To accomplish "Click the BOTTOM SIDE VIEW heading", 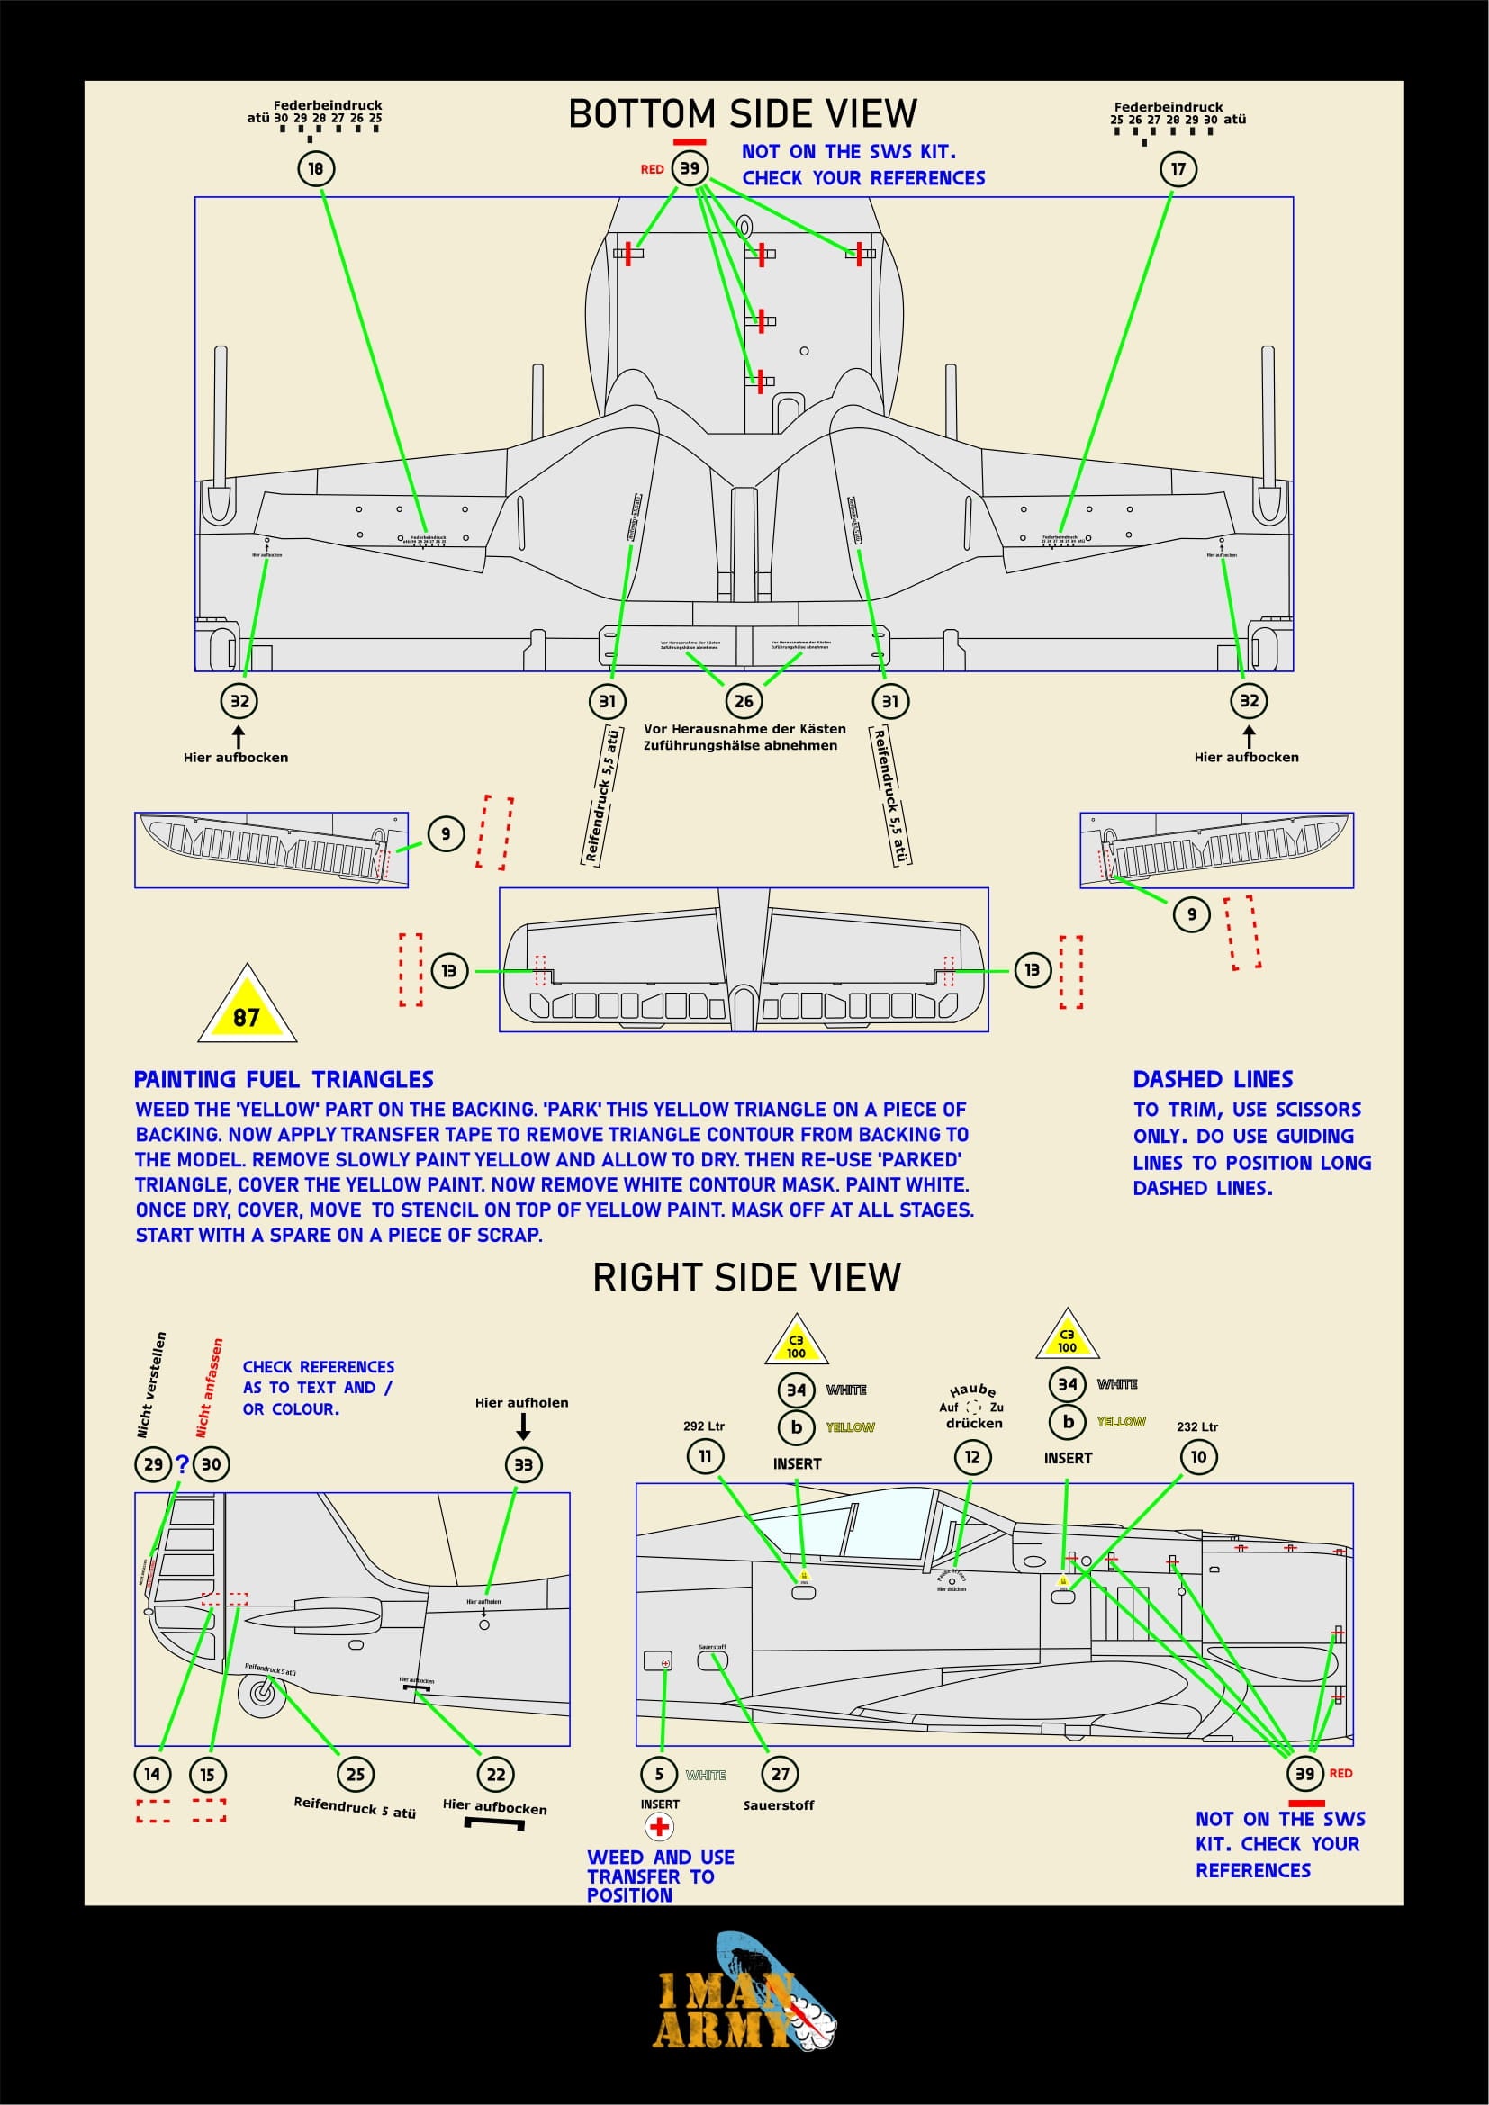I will click(x=742, y=113).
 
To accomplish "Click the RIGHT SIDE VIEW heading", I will click(x=746, y=1277).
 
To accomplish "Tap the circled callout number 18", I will click(x=316, y=168).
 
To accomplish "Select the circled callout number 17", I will click(x=1178, y=168).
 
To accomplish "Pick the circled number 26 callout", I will click(x=744, y=701).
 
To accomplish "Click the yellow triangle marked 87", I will click(x=248, y=1010).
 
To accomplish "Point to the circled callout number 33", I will click(x=524, y=1464).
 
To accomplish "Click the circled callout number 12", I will click(x=973, y=1457).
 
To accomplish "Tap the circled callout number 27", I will click(x=781, y=1773).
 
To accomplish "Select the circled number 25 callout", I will click(x=356, y=1774).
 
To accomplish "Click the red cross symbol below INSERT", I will click(x=659, y=1826).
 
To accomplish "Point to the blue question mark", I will click(x=182, y=1464).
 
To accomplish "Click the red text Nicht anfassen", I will click(x=209, y=1388).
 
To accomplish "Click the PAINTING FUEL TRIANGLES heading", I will click(x=284, y=1079).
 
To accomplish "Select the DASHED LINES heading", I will click(x=1212, y=1079).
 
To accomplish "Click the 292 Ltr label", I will click(x=703, y=1426).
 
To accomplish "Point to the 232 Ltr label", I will click(x=1196, y=1426).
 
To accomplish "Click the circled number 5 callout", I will click(x=658, y=1774).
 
